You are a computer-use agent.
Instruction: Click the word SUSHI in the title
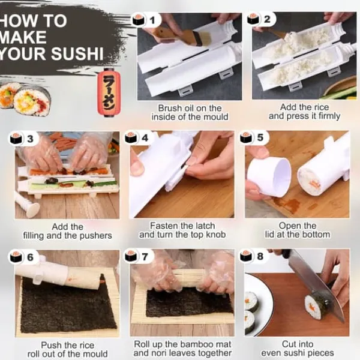click(x=77, y=54)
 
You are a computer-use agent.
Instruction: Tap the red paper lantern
click(x=109, y=92)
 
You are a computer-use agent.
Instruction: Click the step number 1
click(x=152, y=20)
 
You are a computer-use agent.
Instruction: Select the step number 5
click(x=260, y=137)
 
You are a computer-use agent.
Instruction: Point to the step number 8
click(x=260, y=256)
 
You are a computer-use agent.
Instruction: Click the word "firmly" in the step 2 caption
click(x=329, y=116)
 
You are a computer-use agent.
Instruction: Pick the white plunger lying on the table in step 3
click(x=27, y=205)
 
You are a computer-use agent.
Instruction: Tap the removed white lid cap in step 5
click(x=269, y=176)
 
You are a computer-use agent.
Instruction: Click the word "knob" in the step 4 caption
click(x=216, y=235)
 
